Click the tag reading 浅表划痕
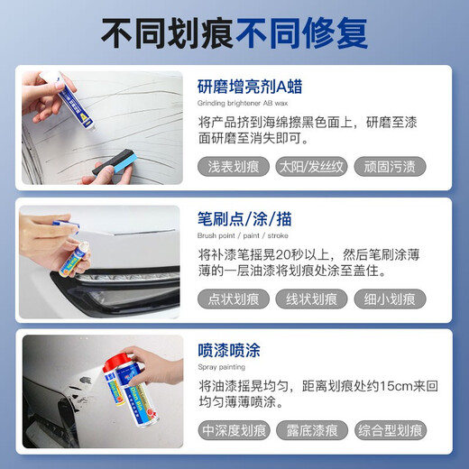233,167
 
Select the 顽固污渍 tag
390,167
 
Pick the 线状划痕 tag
312,299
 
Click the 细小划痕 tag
390,299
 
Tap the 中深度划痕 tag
233,431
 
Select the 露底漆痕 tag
311,431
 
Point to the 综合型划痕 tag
390,431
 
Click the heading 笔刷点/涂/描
244,219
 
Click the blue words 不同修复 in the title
301,33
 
